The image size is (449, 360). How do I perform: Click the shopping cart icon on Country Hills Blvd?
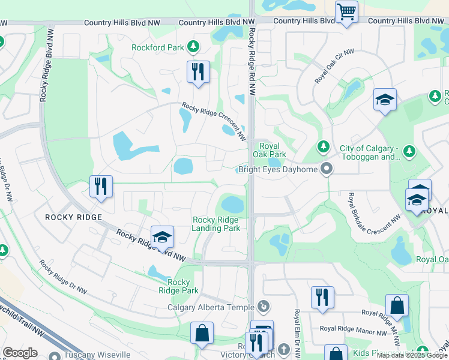pyautogui.click(x=347, y=12)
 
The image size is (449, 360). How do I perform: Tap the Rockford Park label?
pyautogui.click(x=158, y=47)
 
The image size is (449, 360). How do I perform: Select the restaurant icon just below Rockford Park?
pyautogui.click(x=197, y=73)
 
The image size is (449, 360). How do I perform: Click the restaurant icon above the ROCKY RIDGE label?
pyautogui.click(x=101, y=186)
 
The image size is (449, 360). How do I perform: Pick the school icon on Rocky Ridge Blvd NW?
pyautogui.click(x=162, y=238)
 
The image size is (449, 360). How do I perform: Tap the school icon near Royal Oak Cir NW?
pyautogui.click(x=384, y=100)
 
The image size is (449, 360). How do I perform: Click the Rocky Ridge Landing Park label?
pyautogui.click(x=216, y=224)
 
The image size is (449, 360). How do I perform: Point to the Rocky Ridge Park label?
pyautogui.click(x=178, y=286)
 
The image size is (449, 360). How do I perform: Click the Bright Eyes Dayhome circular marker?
pyautogui.click(x=327, y=169)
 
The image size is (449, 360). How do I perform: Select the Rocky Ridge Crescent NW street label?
pyautogui.click(x=214, y=122)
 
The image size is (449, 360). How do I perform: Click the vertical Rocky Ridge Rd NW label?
pyautogui.click(x=252, y=63)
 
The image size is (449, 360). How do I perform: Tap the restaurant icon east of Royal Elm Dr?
pyautogui.click(x=322, y=297)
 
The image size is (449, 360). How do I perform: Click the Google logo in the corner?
pyautogui.click(x=20, y=352)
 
